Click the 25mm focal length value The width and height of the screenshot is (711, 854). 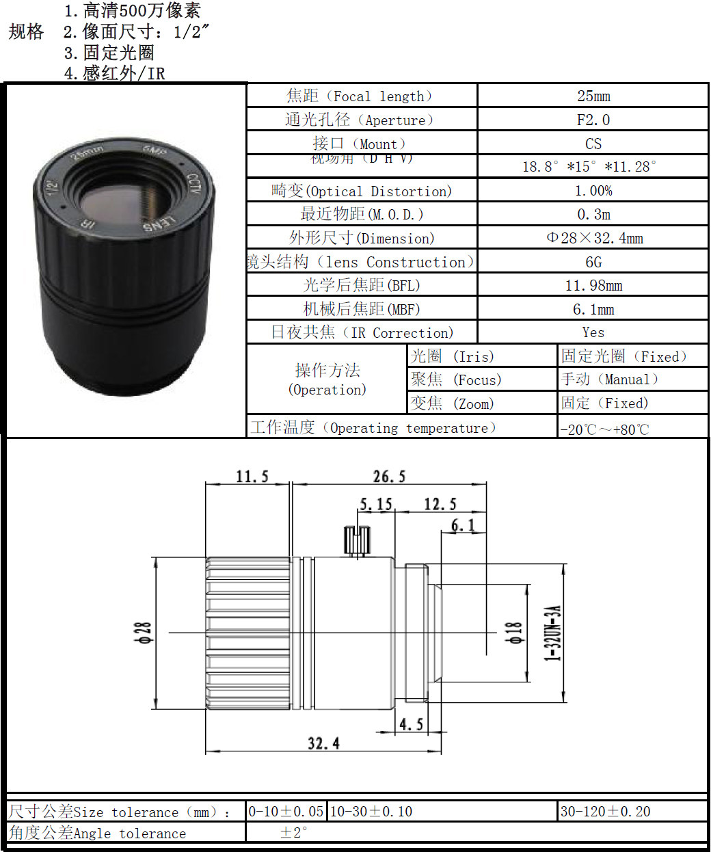point(593,96)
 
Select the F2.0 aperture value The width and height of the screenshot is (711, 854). point(593,120)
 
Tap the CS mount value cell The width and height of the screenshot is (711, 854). point(593,144)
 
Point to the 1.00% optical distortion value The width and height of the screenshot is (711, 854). point(593,191)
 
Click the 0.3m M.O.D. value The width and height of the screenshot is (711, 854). point(593,214)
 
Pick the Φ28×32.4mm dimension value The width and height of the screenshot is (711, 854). point(594,238)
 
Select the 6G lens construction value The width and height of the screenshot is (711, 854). point(593,262)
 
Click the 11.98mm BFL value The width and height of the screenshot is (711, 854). point(593,285)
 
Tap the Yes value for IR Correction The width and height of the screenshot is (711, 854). point(593,332)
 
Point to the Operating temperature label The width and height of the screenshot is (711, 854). point(373,427)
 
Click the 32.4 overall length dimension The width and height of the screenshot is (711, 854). point(323,743)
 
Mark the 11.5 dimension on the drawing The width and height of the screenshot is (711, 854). point(252,477)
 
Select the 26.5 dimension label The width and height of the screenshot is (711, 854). point(389,477)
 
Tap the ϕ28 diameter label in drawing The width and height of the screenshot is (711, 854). point(143,632)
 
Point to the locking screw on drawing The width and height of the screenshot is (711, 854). point(356,540)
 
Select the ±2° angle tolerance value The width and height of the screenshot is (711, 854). point(293,832)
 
